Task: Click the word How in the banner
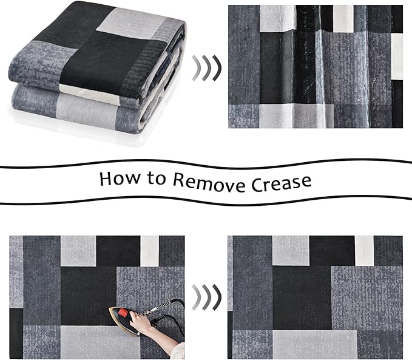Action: [x=120, y=178]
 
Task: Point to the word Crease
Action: [x=281, y=183]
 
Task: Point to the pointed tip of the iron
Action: [x=110, y=309]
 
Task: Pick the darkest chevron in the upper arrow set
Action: [x=217, y=67]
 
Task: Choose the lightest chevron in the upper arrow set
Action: [x=196, y=67]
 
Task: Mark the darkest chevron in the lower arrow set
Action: [x=217, y=297]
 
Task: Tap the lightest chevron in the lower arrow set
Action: [x=196, y=297]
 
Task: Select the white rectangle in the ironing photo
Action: [x=149, y=251]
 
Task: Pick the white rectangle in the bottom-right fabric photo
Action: [x=365, y=251]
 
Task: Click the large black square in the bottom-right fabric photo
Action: [x=302, y=297]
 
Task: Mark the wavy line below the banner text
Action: [x=206, y=200]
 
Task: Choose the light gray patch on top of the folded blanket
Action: [x=132, y=23]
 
